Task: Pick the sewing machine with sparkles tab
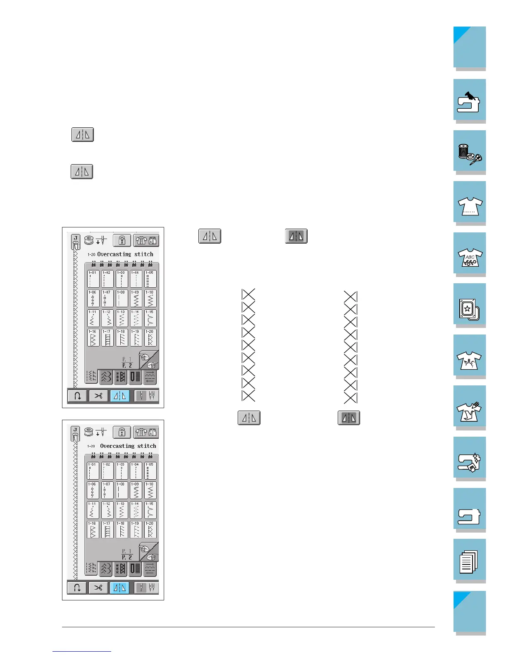pos(469,458)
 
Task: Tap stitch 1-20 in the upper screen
pos(150,337)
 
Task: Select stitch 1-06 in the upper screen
pos(93,298)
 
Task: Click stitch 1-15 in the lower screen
pos(150,509)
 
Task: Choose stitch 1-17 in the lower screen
pos(107,529)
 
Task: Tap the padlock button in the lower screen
pos(122,433)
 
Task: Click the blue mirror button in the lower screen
pos(119,588)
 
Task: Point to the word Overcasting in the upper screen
pos(114,254)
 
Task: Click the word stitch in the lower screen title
pos(146,446)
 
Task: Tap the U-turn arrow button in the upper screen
pos(77,396)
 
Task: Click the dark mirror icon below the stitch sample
pos(349,418)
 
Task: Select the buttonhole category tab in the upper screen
pos(135,377)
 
